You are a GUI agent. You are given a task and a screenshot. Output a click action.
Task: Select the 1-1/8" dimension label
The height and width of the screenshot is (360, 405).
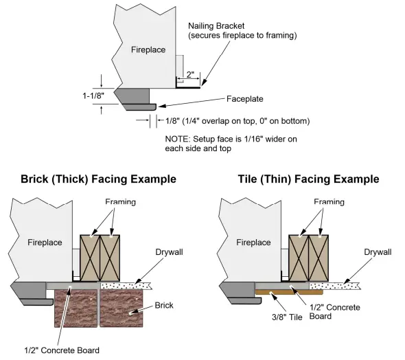(90, 96)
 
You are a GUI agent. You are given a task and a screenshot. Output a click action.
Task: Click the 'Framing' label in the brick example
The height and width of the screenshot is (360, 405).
(122, 203)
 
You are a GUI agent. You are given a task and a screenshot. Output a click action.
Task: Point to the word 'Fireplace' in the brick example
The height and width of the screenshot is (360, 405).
(45, 243)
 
